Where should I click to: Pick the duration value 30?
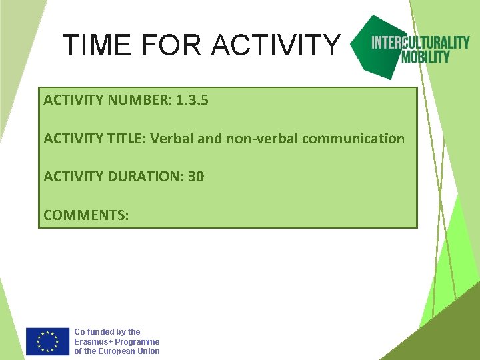(196, 177)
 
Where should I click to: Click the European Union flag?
(47, 341)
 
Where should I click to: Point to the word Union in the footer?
(147, 351)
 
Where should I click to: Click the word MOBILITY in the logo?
(425, 57)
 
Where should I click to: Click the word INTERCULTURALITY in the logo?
(420, 43)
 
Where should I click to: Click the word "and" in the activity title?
(211, 139)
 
